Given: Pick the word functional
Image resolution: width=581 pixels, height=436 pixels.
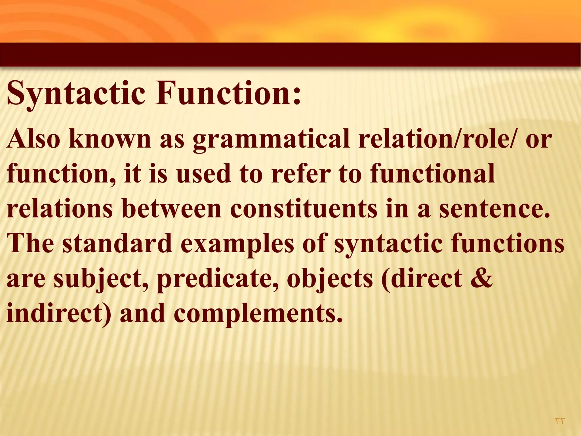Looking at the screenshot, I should (x=432, y=174).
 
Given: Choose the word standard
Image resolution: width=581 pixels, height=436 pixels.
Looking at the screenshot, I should (x=117, y=244).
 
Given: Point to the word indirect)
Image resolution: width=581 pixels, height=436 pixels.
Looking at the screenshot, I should (x=58, y=313).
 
